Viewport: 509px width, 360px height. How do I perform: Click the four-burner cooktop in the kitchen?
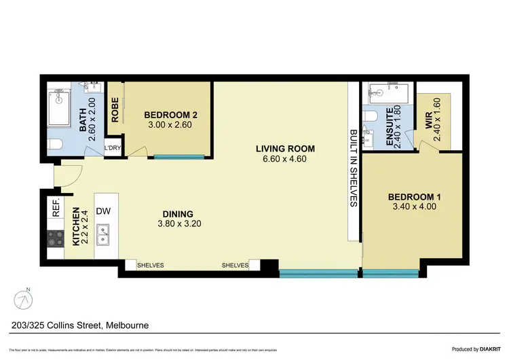(x=54, y=239)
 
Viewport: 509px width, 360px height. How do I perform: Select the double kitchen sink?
(x=104, y=236)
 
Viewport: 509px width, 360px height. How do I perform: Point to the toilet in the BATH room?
(x=56, y=143)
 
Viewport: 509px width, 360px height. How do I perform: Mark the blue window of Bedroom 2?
(x=178, y=158)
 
